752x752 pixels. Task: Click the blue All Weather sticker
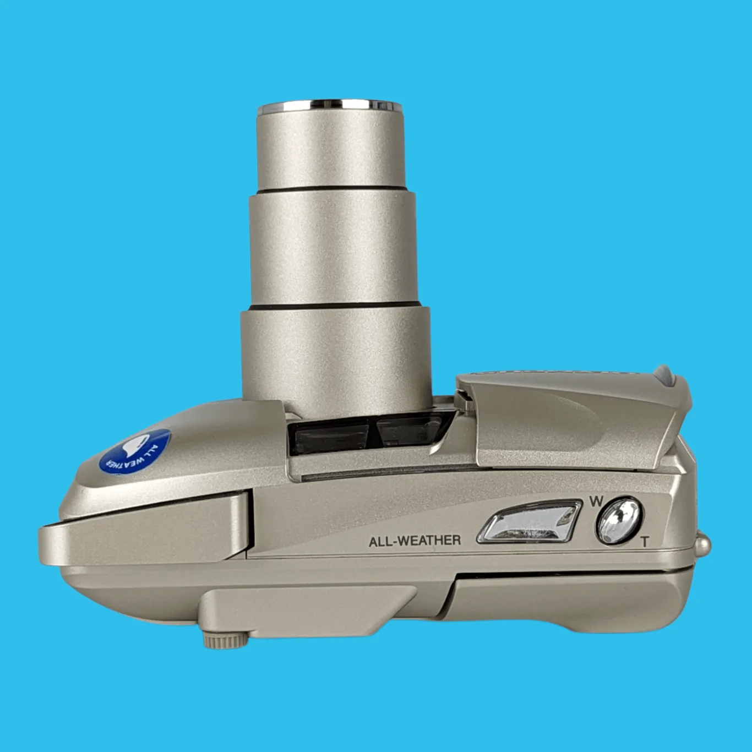tap(135, 452)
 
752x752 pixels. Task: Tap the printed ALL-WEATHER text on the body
tap(415, 541)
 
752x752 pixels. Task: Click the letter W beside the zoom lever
tap(596, 502)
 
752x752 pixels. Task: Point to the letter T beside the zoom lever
tap(645, 542)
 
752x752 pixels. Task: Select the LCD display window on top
tap(529, 522)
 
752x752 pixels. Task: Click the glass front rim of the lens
tap(330, 105)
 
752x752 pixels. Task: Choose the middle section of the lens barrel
tap(334, 249)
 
